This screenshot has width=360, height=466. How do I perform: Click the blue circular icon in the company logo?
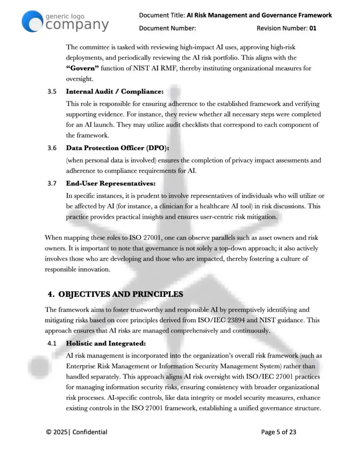pos(32,21)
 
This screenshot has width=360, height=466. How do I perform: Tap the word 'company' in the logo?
pos(77,25)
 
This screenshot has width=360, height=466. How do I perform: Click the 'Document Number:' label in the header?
pos(167,28)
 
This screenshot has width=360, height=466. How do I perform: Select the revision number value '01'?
pos(313,28)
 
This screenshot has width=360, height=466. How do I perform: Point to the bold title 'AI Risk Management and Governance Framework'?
pos(259,15)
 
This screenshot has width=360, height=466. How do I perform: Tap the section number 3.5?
pos(52,91)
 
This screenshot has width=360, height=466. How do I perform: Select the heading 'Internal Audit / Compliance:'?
pos(114,91)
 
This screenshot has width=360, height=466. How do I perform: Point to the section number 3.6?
pos(52,148)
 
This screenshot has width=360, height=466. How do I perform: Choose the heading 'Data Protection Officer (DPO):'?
pos(117,148)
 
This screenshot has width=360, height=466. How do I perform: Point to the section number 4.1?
pos(52,343)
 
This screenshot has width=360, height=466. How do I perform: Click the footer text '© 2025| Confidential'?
pos(76,432)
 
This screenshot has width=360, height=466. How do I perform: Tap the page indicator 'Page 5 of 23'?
pos(279,432)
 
